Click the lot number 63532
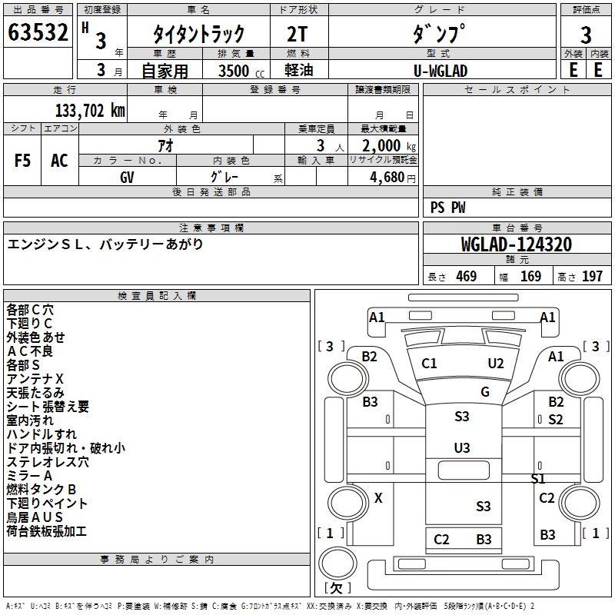(38, 34)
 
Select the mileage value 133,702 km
(90, 111)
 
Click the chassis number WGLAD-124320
(516, 244)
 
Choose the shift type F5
(23, 161)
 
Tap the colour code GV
(128, 176)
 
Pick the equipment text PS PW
(447, 208)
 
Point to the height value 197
(592, 277)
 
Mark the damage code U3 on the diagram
(462, 447)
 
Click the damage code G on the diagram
(485, 392)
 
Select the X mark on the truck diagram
(377, 498)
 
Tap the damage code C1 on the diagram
(429, 364)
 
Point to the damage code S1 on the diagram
(538, 479)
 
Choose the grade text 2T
(298, 34)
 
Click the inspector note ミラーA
(29, 476)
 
